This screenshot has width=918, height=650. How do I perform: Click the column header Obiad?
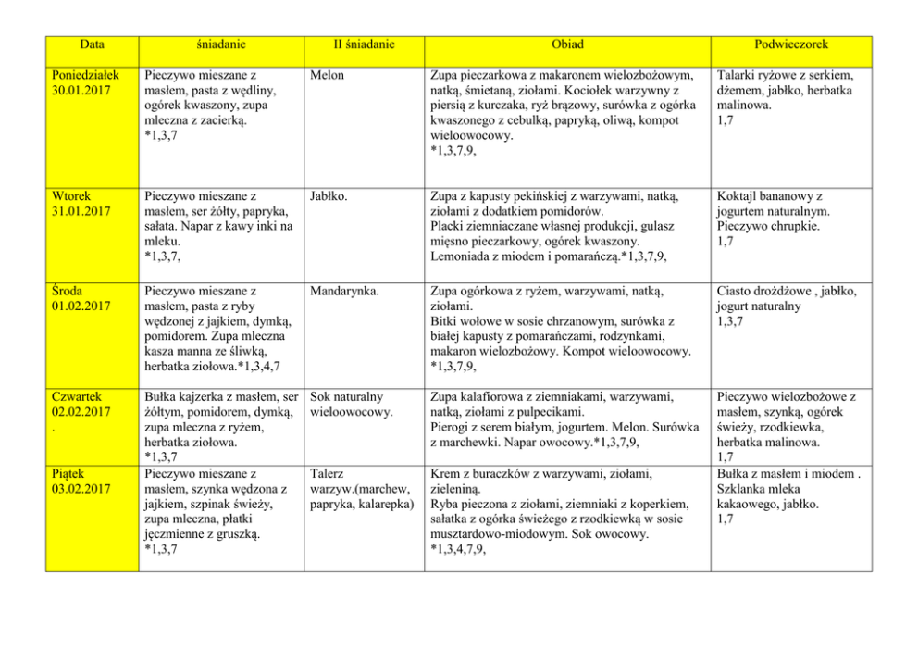(x=566, y=44)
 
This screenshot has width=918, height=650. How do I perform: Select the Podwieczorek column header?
(x=790, y=44)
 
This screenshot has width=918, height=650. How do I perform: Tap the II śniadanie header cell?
(x=364, y=44)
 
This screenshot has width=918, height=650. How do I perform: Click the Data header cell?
(x=92, y=44)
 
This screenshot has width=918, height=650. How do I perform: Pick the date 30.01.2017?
(x=81, y=91)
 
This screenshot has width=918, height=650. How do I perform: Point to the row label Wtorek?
(x=73, y=196)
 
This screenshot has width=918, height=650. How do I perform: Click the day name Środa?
(x=70, y=291)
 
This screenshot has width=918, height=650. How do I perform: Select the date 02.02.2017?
(x=81, y=411)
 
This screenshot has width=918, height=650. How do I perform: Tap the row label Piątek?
(x=70, y=472)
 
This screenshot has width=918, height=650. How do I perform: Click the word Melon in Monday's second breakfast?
(x=328, y=75)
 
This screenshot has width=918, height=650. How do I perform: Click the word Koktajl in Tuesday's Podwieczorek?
(x=738, y=196)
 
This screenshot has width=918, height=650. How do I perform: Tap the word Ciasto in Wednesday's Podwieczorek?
(x=735, y=291)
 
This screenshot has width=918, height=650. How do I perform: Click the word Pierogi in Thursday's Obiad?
(x=453, y=427)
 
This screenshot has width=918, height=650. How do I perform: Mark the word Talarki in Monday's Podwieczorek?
(x=738, y=75)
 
